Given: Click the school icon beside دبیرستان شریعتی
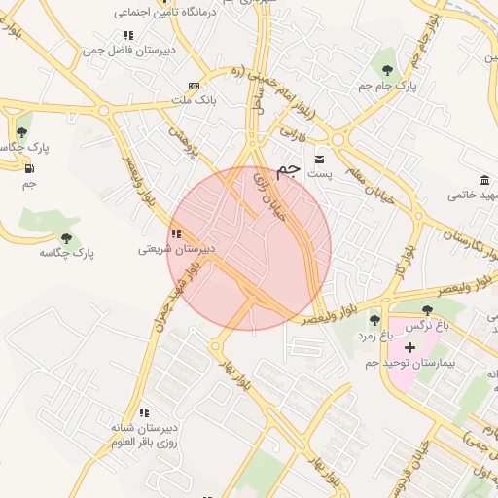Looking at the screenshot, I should point(175,233).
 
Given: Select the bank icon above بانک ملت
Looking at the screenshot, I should point(194,86).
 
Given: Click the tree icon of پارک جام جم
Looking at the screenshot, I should point(388,70).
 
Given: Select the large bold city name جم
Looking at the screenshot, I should point(286,170).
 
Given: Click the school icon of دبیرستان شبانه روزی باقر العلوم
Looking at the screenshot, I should point(144,412).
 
